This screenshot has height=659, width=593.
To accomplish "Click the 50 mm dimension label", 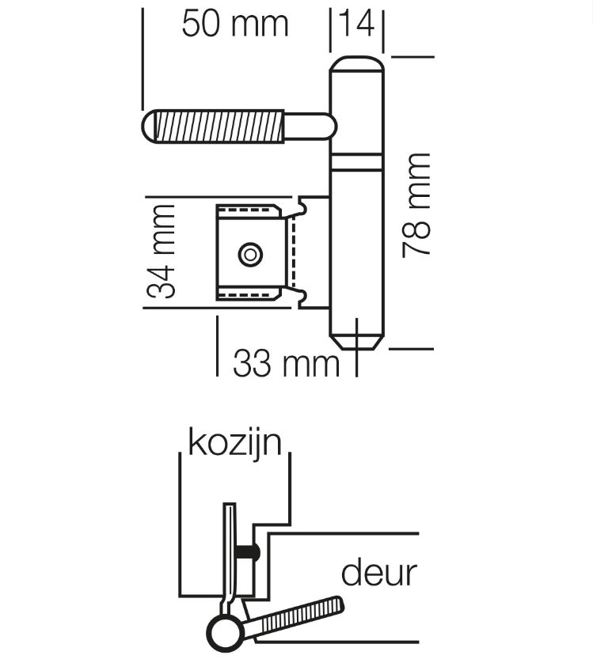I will point(234,24).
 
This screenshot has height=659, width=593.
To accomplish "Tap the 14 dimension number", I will point(356,24).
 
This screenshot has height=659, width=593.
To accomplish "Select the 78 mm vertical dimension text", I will point(416,204).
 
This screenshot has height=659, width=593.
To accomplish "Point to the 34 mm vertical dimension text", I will point(162,251).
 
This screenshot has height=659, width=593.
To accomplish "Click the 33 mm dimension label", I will point(285,364).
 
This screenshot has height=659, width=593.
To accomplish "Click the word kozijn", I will point(234,442).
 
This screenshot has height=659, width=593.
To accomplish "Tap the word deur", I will point(378,572).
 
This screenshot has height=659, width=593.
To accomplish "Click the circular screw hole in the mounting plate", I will point(251,254).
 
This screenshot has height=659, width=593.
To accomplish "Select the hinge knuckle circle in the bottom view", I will point(222,632).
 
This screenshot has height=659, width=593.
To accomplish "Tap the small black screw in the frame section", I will point(249,551).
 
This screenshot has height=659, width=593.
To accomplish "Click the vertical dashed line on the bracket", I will point(291,253).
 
